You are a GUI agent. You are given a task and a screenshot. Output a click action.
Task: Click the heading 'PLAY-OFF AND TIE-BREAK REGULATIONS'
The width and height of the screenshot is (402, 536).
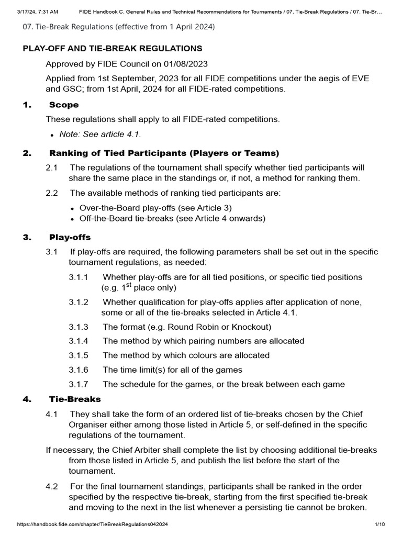(113, 49)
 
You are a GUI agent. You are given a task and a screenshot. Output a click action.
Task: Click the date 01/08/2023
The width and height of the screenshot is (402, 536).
(186, 64)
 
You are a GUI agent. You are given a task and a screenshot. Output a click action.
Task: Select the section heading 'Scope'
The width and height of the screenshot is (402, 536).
(64, 105)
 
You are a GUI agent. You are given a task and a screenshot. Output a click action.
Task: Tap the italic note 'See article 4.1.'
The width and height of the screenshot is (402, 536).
(100, 135)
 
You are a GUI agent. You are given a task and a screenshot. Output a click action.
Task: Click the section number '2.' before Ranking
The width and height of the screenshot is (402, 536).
(27, 153)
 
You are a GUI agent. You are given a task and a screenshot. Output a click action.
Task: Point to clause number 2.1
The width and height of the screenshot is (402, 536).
(52, 167)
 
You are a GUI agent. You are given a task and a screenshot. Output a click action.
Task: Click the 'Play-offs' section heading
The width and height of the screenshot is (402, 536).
(70, 237)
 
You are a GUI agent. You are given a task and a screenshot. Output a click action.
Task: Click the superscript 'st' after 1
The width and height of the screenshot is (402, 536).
(129, 285)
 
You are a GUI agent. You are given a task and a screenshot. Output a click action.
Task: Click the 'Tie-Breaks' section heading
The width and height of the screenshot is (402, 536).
(75, 399)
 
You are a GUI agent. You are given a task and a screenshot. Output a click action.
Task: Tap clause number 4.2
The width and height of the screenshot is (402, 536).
(52, 486)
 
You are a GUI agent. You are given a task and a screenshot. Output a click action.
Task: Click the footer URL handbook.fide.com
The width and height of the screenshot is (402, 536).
(93, 524)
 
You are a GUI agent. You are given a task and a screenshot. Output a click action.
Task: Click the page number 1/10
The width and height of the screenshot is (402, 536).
(379, 524)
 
